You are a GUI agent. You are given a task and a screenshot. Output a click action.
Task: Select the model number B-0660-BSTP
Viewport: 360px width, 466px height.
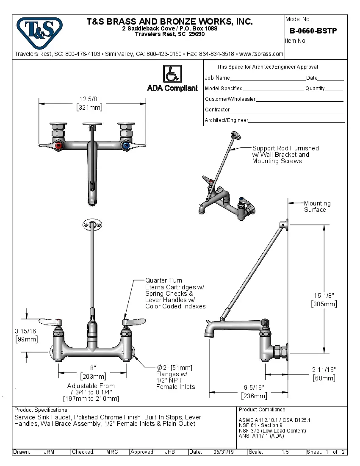tap(313, 31)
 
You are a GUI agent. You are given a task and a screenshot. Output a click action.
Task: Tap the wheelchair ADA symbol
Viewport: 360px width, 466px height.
tap(172, 74)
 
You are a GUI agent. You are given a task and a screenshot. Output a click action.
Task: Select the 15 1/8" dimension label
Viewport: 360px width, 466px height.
tap(324, 295)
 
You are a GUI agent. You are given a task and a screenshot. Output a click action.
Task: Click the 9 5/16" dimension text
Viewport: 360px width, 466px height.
tap(254, 387)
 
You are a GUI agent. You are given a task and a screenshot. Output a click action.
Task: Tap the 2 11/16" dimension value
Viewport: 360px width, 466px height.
tap(324, 369)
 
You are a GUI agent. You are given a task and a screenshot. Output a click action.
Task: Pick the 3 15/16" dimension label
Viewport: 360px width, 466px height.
tap(26, 331)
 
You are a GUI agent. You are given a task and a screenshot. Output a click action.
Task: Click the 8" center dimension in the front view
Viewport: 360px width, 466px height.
tap(93, 367)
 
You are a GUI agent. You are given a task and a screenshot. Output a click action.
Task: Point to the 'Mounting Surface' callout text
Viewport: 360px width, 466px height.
tap(317, 206)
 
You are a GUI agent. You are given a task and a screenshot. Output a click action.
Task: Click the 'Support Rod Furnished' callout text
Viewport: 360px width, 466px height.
tap(285, 148)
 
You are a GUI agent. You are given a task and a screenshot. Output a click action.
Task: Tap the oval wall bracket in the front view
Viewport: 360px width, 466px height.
tap(92, 225)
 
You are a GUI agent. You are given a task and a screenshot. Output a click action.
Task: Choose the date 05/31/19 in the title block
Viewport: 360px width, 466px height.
tap(223, 452)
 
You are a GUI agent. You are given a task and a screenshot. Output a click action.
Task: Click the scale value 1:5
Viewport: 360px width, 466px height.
tap(285, 452)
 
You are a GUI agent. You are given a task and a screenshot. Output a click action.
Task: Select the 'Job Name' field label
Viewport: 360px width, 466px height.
tap(217, 78)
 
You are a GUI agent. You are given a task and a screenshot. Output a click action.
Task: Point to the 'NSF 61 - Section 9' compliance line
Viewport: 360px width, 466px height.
tap(260, 425)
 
